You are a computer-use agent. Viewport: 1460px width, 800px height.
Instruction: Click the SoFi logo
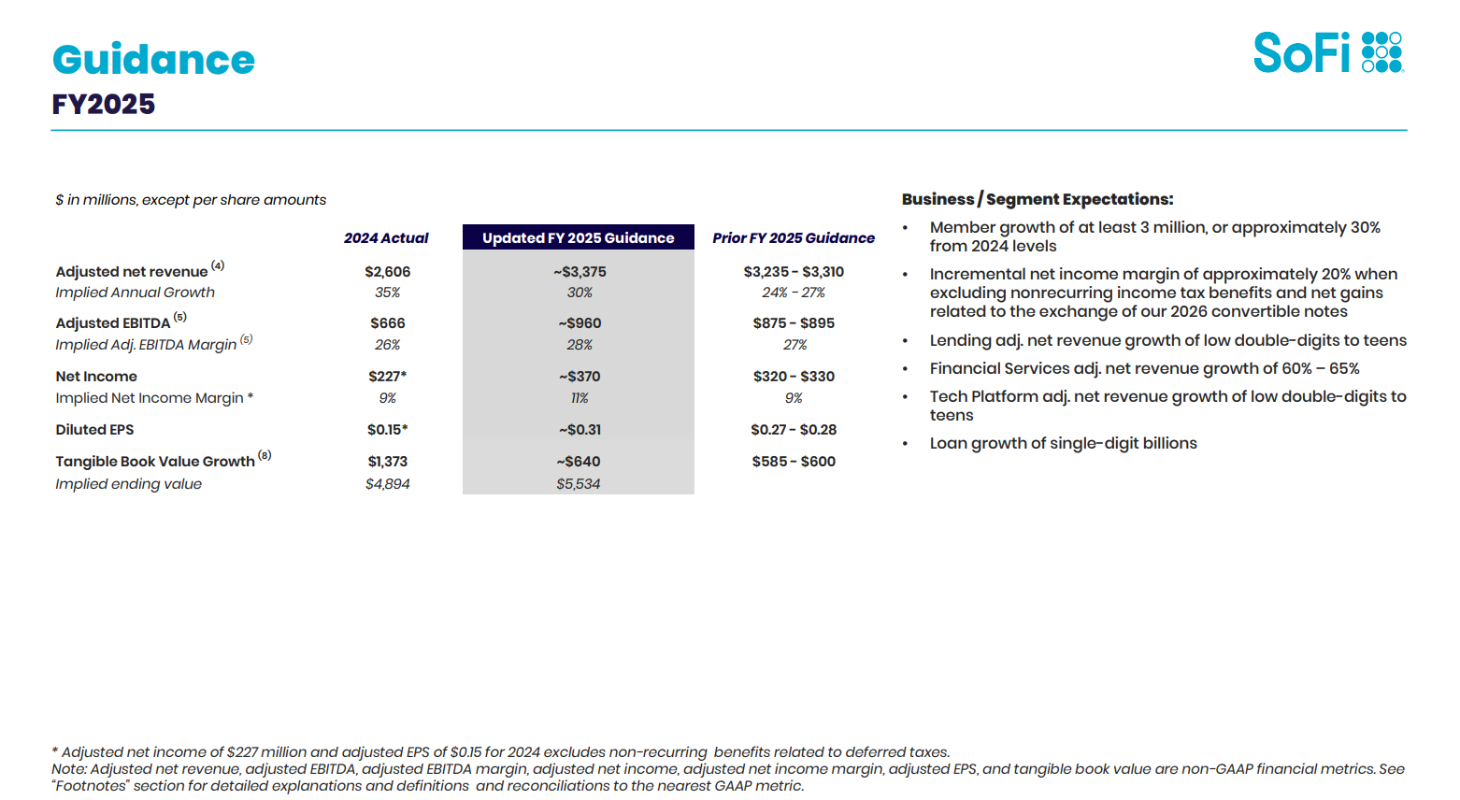(x=1328, y=52)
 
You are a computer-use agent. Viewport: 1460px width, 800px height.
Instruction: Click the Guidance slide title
(x=153, y=59)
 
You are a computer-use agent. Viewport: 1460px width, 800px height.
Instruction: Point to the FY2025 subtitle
(x=104, y=105)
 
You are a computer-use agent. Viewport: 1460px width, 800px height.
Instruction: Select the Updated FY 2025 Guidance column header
(x=579, y=237)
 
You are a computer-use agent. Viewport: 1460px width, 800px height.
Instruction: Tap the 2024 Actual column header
(x=386, y=237)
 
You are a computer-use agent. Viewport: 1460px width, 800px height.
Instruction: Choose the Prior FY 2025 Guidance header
(x=794, y=237)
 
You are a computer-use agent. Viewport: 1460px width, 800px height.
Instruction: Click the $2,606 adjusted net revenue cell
(x=387, y=272)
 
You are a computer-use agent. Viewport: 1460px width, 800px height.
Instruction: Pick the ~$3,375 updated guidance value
(x=580, y=272)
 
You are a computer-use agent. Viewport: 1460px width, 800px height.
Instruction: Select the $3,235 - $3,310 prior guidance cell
(x=794, y=272)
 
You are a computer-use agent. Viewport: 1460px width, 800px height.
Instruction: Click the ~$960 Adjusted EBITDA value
(x=580, y=323)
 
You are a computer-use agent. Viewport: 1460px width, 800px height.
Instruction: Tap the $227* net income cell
(x=387, y=377)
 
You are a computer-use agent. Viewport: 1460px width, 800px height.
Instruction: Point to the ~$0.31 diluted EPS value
(x=580, y=430)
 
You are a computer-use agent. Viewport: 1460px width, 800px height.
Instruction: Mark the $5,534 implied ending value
(x=579, y=484)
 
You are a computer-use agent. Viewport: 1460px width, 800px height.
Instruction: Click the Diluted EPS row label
(x=94, y=430)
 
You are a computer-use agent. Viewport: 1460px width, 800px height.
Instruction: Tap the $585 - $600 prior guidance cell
(x=794, y=462)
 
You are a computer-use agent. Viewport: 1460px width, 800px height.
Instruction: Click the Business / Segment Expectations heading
(x=1038, y=199)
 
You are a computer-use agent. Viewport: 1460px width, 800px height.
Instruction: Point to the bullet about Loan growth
(x=1063, y=444)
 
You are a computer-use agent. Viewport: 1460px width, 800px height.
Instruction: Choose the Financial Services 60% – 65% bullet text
(x=1144, y=369)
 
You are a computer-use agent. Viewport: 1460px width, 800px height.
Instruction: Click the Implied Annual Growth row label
(x=135, y=293)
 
